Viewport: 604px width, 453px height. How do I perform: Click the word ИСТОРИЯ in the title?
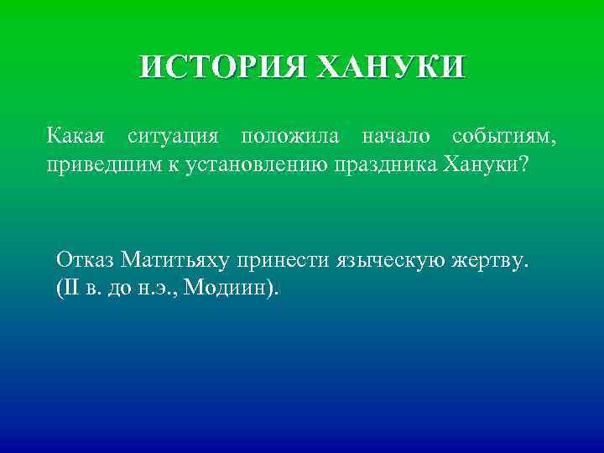click(220, 67)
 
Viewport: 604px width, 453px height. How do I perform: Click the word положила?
click(289, 135)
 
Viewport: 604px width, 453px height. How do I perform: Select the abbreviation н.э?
click(158, 289)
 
